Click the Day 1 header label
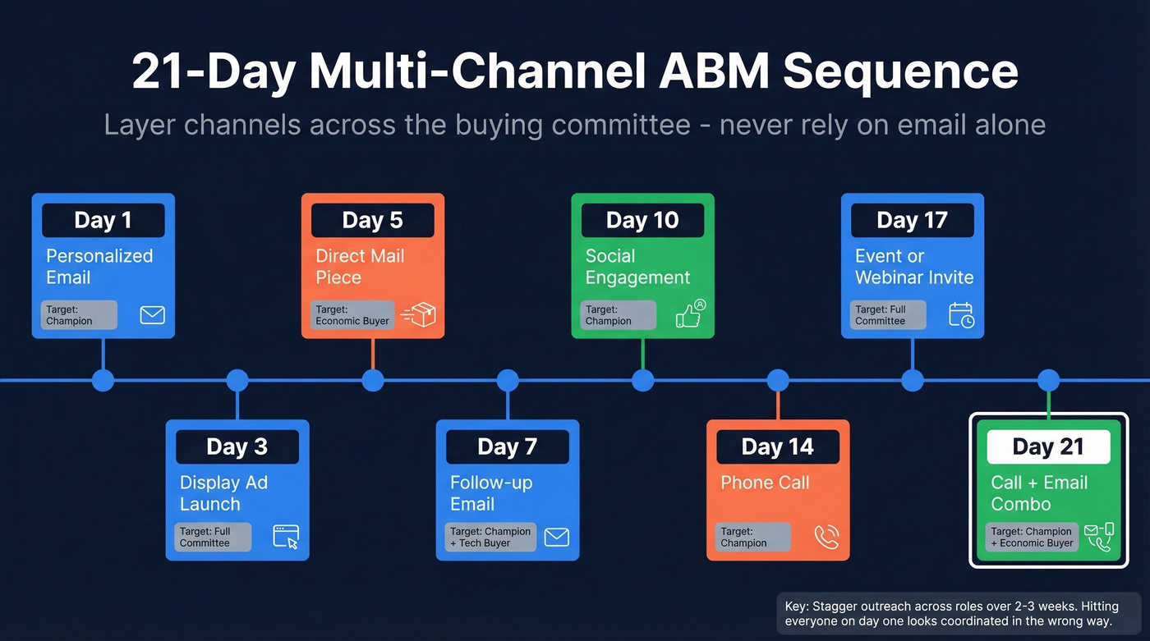click(103, 220)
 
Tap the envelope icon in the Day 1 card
click(152, 314)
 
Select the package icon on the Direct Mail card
click(420, 314)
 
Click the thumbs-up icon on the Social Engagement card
click(690, 314)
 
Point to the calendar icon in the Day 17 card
click(961, 314)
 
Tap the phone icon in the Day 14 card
click(826, 537)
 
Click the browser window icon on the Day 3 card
click(286, 537)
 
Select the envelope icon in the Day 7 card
click(556, 537)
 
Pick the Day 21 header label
click(1048, 446)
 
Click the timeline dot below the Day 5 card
click(373, 380)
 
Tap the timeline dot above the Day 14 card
click(778, 380)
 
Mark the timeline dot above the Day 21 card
click(1048, 380)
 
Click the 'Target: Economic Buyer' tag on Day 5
click(352, 315)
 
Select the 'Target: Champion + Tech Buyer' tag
click(490, 537)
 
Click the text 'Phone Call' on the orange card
click(765, 483)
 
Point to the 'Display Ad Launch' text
click(223, 493)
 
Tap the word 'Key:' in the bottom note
click(797, 607)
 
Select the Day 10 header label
click(642, 220)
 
